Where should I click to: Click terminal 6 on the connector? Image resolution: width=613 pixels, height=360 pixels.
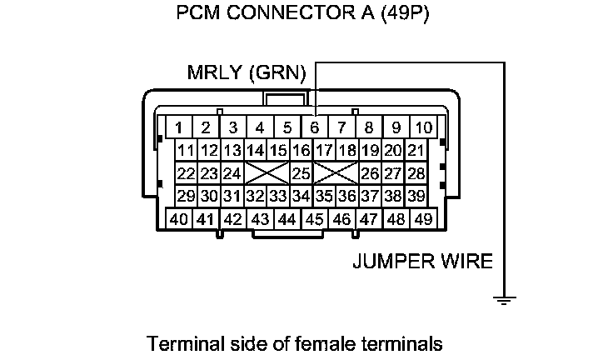tap(314, 127)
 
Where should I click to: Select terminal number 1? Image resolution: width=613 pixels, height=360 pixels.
tap(178, 127)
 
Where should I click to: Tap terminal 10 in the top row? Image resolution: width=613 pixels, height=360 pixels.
tap(423, 127)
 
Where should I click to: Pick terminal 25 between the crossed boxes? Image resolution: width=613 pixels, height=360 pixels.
tap(301, 173)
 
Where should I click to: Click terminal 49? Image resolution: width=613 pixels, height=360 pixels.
tap(423, 219)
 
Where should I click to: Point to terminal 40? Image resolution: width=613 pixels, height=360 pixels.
tap(178, 219)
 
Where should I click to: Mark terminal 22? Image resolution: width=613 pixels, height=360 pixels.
tap(187, 173)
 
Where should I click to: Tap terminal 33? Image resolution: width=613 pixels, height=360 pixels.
tap(278, 196)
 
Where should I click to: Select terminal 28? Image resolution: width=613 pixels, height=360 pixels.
tap(416, 173)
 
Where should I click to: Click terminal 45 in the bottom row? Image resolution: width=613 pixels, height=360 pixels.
tap(314, 219)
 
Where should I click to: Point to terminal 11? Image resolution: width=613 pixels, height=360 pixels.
tap(187, 151)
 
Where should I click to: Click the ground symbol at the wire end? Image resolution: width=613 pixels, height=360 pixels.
tap(501, 299)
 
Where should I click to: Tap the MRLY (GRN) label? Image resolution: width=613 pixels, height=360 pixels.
tap(247, 73)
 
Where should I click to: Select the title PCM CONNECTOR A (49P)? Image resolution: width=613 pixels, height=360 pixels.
tap(303, 15)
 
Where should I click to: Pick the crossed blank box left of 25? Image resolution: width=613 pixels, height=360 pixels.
tap(267, 173)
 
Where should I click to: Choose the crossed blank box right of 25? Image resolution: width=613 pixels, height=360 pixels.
tap(336, 173)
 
